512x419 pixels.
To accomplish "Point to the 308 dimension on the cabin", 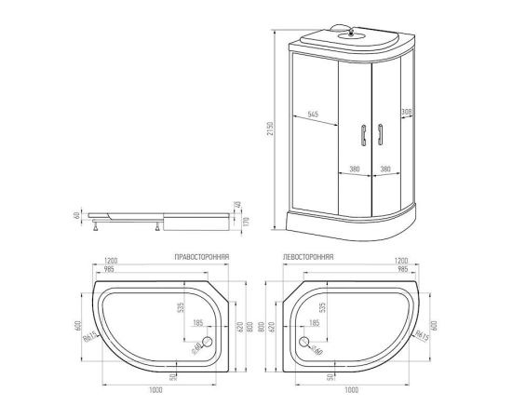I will pos(405,111).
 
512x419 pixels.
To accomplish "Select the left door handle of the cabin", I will pos(360,134).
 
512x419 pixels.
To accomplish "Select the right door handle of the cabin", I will pos(379,134).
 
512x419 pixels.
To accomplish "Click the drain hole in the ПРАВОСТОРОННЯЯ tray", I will pos(206,341).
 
